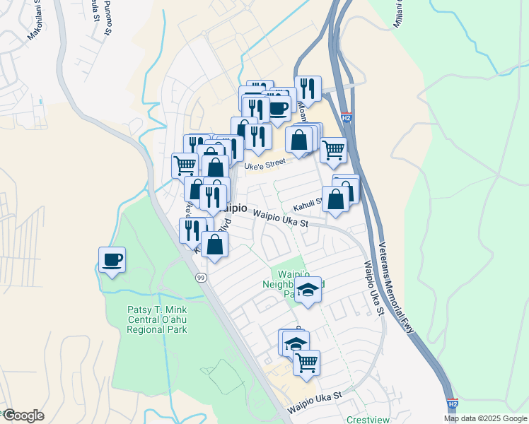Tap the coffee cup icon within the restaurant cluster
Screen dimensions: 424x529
click(x=278, y=108)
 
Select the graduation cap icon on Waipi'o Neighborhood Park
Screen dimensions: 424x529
click(x=308, y=290)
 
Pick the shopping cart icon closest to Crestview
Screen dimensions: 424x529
click(x=306, y=363)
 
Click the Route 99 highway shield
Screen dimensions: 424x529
click(x=201, y=277)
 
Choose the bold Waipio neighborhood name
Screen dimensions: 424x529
click(x=234, y=208)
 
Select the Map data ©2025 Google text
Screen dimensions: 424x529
click(x=484, y=418)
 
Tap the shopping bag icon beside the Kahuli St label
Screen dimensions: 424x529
click(x=336, y=199)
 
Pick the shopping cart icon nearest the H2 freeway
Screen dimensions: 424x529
click(x=333, y=150)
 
